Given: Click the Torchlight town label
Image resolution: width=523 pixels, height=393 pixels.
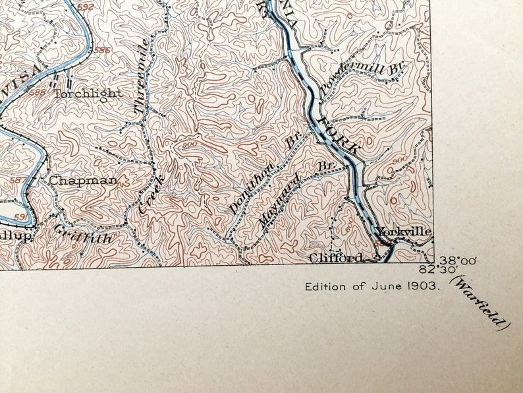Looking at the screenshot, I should click(x=88, y=93).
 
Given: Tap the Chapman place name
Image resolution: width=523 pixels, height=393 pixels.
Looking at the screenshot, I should click(x=83, y=180).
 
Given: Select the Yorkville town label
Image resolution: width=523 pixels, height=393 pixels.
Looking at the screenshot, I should click(x=404, y=231).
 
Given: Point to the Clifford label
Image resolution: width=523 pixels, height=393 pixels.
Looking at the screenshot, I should click(x=336, y=258).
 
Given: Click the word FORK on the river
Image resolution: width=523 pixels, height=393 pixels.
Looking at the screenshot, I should click(x=339, y=135).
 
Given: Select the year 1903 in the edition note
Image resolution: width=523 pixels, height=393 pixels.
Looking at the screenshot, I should click(x=424, y=287).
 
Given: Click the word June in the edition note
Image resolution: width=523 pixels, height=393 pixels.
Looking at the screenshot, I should click(x=393, y=287).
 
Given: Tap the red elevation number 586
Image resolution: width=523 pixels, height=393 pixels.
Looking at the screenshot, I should click(x=102, y=50).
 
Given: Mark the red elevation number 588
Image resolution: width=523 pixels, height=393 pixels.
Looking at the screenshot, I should click(x=37, y=92).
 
